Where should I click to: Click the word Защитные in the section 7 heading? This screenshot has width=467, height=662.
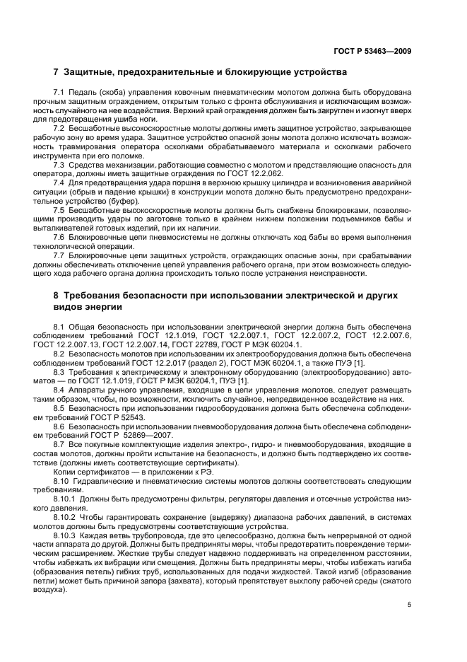(90, 73)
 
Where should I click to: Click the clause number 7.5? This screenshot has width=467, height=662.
(59, 211)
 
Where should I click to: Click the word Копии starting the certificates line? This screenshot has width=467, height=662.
(66, 471)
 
